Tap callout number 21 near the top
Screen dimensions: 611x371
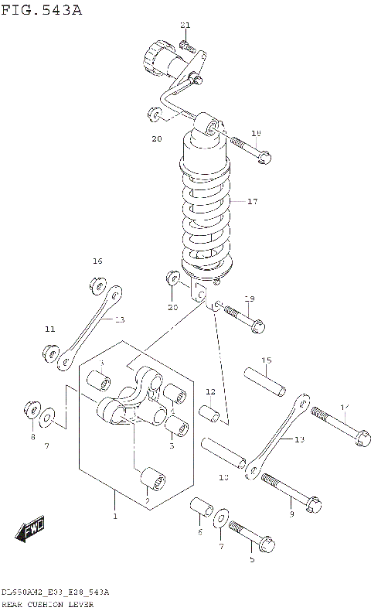click(x=185, y=25)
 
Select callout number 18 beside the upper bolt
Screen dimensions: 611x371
click(x=257, y=133)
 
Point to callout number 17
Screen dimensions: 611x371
click(x=252, y=201)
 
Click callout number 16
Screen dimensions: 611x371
click(x=97, y=261)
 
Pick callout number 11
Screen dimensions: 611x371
click(x=49, y=329)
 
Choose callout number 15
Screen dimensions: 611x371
click(x=265, y=360)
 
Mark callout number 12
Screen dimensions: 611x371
click(x=210, y=391)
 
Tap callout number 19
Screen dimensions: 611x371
click(x=249, y=299)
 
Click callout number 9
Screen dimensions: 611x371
click(x=291, y=514)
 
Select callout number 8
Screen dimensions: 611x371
click(x=32, y=437)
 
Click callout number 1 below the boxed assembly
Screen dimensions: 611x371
click(x=114, y=516)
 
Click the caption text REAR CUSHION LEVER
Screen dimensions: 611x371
click(x=47, y=604)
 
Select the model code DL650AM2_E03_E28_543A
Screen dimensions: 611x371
click(x=55, y=592)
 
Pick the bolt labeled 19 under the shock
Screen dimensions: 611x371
click(x=240, y=313)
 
